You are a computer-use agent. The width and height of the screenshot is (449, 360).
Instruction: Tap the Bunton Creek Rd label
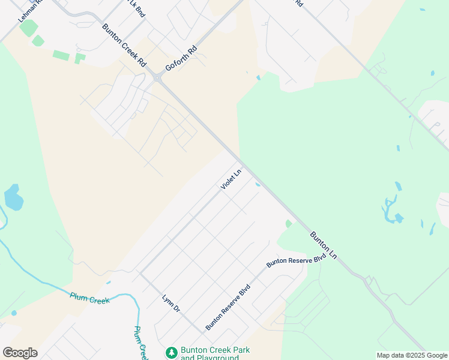click(x=124, y=45)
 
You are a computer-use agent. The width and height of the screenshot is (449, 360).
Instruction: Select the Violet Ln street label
click(x=231, y=179)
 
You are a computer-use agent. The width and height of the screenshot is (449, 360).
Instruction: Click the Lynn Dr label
click(x=171, y=303)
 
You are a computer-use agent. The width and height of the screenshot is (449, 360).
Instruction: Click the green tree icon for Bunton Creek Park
click(x=172, y=353)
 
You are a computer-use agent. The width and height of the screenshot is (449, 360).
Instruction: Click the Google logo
click(x=20, y=353)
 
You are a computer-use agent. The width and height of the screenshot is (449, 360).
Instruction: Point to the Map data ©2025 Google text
click(x=411, y=355)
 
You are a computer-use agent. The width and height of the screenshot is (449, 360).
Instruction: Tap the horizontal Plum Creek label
click(x=90, y=298)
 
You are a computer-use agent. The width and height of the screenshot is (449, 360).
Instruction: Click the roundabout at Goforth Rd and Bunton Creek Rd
click(x=157, y=77)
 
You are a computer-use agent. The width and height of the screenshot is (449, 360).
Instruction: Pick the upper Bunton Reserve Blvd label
click(x=296, y=260)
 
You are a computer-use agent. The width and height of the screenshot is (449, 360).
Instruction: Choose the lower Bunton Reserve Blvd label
click(x=228, y=308)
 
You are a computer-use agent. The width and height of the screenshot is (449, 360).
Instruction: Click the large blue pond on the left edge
click(x=13, y=197)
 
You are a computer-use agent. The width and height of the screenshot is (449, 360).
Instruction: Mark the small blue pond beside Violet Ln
click(x=258, y=184)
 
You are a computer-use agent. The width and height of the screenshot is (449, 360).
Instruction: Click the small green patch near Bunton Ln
click(x=289, y=224)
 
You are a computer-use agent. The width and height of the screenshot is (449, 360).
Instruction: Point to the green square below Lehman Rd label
click(x=28, y=28)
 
